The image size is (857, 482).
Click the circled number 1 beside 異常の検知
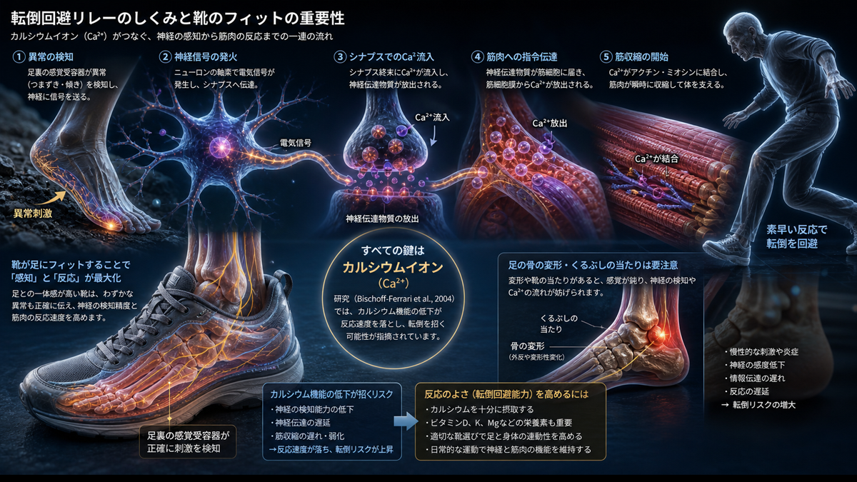pos(19,57)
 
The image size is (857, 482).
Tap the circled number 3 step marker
pos(340,57)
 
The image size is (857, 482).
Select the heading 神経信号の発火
pos(206,57)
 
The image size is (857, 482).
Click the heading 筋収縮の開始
pos(641,57)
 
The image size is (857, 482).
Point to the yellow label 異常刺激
pos(33,213)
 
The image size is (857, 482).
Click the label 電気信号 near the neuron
pos(296,143)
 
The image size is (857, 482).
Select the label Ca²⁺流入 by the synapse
pos(432,117)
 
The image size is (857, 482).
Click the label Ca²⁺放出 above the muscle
pos(550,123)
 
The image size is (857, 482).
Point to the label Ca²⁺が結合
pos(656,159)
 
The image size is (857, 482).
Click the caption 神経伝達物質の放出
pos(382,219)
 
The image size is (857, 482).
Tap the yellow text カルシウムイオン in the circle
pos(393,267)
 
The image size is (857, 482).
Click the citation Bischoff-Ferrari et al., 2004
pos(405,298)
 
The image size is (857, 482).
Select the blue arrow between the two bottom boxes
pos(406,421)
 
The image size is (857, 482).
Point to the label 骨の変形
pos(528,346)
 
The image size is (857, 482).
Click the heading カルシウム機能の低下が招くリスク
pos(331,394)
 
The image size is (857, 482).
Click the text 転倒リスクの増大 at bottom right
pos(764,405)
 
